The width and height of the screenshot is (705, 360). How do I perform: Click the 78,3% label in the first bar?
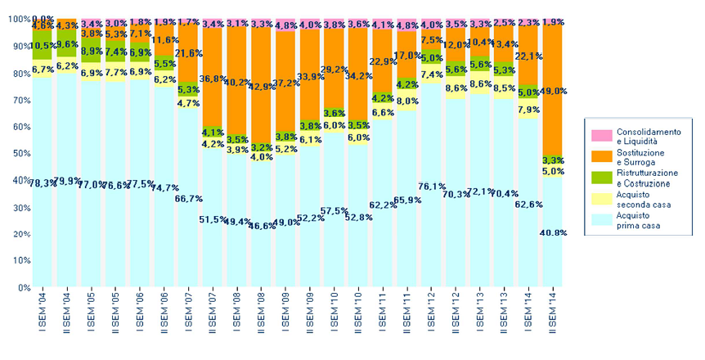43,182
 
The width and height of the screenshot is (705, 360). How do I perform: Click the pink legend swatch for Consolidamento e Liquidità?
601,134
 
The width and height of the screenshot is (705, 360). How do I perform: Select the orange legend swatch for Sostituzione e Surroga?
601,155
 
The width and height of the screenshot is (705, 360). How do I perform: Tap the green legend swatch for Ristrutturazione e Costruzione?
601,177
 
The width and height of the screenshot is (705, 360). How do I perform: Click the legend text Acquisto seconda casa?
645,199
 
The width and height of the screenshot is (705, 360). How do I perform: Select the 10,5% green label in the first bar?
43,45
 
